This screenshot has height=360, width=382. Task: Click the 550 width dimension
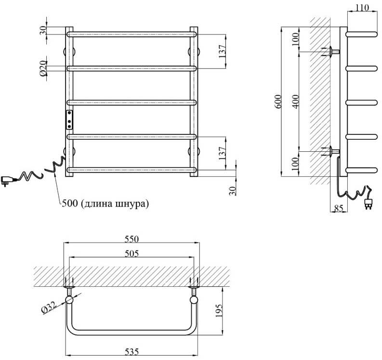point(132,239)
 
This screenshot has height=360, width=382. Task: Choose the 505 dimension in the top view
point(132,254)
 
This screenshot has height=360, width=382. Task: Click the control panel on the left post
point(70,119)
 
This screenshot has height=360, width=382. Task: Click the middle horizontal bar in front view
point(132,102)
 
